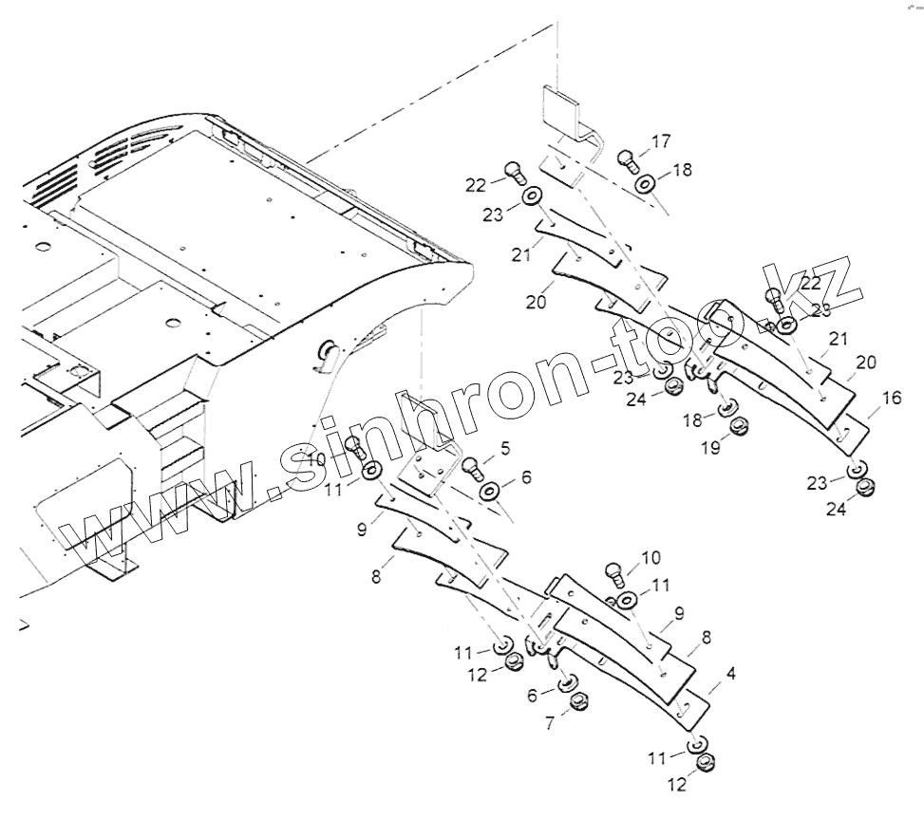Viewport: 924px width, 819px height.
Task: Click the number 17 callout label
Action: (661, 141)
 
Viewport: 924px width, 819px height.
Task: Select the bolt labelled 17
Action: (628, 159)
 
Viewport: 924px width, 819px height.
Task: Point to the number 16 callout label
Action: (891, 399)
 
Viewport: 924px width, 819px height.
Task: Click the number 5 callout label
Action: (503, 446)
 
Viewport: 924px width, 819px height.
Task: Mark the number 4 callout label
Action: (729, 674)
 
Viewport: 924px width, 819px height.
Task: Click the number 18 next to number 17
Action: (682, 169)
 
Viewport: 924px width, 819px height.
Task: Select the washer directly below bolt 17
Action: (646, 182)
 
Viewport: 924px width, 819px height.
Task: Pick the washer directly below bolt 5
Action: (491, 491)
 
